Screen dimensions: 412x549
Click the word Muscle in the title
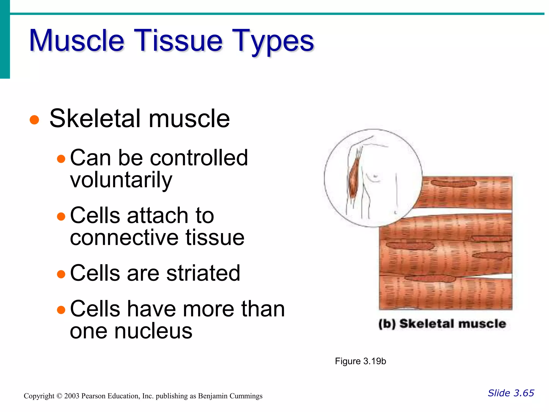point(77,41)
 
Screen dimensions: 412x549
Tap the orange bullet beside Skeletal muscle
point(34,120)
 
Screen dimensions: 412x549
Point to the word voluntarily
point(121,180)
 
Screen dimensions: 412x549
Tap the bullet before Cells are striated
point(61,274)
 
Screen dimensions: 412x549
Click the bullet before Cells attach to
point(61,216)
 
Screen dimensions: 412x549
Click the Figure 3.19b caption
point(360,361)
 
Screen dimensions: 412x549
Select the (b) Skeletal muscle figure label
point(442,324)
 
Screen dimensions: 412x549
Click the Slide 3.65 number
point(511,393)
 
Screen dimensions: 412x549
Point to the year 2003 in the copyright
point(72,396)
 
